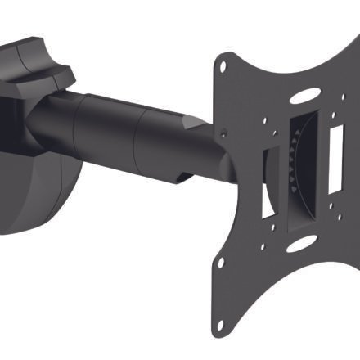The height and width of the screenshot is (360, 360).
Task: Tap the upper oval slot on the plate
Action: point(304,96)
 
